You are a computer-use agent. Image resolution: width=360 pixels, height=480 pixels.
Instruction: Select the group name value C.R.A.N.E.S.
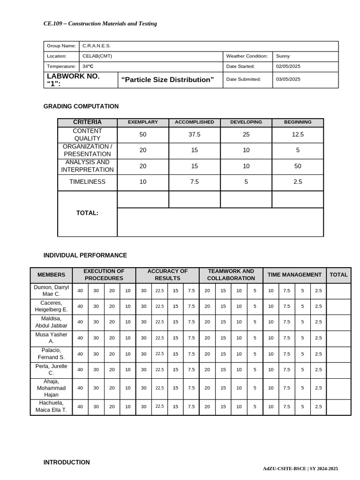[97, 46]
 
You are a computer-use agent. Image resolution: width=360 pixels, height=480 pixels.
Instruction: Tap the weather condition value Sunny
[283, 56]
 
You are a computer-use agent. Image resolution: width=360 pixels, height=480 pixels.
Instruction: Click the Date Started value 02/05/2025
[288, 67]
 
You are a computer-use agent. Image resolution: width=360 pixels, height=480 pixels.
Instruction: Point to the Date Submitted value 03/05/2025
[288, 79]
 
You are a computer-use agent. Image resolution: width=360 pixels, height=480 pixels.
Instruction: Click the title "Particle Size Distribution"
[167, 80]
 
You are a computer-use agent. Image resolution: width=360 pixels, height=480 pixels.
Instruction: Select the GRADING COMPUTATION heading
[81, 106]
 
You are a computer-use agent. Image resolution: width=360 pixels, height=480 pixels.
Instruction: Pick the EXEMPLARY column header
[143, 122]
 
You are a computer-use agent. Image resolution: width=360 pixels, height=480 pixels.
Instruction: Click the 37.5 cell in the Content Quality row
[195, 135]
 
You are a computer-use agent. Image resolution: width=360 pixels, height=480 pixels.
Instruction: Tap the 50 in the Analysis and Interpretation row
[298, 166]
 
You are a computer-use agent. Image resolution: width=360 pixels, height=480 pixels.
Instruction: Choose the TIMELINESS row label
[87, 182]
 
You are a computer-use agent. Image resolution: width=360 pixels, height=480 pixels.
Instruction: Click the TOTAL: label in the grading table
[87, 213]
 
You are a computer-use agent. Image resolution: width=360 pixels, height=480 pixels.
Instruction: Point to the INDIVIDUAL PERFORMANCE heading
[85, 255]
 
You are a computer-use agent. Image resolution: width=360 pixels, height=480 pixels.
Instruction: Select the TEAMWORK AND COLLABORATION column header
[231, 275]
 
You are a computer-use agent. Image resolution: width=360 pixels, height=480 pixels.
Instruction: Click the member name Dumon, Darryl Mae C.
[52, 290]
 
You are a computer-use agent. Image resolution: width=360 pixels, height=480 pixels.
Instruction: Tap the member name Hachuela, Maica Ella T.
[52, 406]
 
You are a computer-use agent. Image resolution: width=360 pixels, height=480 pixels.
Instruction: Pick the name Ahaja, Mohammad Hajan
[52, 388]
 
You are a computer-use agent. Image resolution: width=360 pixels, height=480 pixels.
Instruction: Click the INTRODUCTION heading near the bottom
[67, 462]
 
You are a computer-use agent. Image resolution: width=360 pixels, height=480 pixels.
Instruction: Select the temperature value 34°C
[88, 67]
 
